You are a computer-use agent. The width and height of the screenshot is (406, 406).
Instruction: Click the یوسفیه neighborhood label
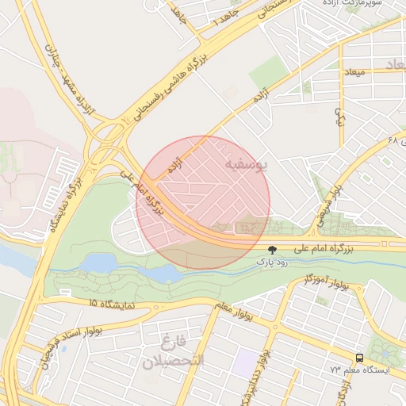click(247, 165)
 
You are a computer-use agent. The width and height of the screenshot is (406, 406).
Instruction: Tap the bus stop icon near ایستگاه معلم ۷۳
click(360, 358)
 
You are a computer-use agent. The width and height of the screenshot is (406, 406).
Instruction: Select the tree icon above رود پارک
click(273, 249)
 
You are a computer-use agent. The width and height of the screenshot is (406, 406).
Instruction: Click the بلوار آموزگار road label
click(325, 283)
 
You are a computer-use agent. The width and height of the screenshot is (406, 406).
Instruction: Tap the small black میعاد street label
click(354, 72)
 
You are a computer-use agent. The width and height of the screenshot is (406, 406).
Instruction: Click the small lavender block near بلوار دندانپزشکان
click(247, 359)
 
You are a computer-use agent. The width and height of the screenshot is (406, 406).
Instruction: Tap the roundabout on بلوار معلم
click(274, 324)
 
